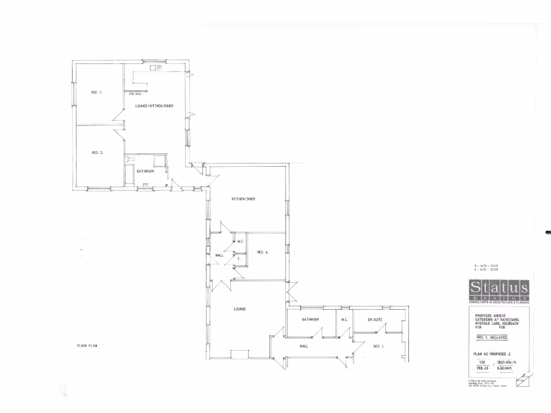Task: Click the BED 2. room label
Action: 97,153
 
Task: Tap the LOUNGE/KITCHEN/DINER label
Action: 154,106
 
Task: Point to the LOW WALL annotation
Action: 135,94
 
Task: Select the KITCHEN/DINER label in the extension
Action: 243,199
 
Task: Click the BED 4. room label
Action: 263,252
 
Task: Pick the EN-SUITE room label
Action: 375,319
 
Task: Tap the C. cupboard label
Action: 238,259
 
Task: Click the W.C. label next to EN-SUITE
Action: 345,319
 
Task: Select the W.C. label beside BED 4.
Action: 241,241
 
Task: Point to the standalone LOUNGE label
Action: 239,309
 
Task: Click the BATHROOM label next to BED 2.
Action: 145,172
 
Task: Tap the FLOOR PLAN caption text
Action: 86,346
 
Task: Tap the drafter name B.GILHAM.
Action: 505,369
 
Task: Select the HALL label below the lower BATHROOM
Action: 303,346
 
